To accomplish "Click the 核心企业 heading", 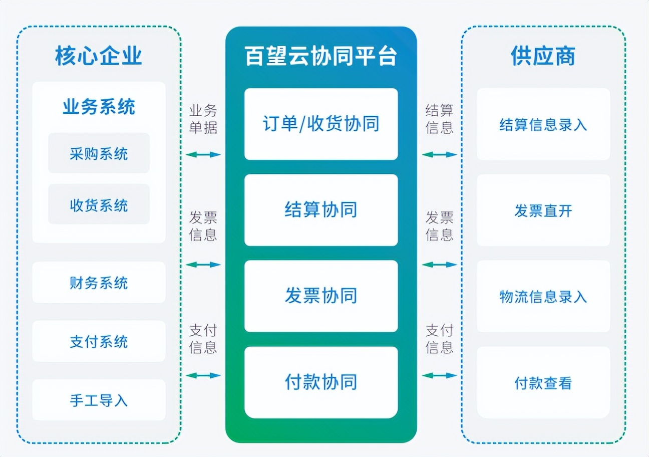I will coord(99,56).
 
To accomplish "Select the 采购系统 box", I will coord(99,153).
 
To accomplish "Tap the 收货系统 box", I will coord(99,204).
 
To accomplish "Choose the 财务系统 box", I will coord(99,283).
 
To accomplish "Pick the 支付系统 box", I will coord(99,341).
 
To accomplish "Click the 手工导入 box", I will coord(99,400).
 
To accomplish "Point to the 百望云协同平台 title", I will coord(321,56).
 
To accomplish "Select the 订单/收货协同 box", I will coord(321,124).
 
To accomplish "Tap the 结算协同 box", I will coord(321,209).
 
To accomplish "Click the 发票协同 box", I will coord(321,296).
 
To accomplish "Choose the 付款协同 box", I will coord(321,382).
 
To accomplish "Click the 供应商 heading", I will coord(543,56).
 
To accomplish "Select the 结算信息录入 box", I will coord(543,124).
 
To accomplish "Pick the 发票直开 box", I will coord(543,210).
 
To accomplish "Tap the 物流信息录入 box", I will coord(543,296).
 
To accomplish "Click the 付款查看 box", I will coord(543,383).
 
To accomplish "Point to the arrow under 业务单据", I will coord(203,154).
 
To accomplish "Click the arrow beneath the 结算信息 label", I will coord(440,154).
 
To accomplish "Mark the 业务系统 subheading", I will coord(99,107).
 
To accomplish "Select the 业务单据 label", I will coord(203,119).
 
